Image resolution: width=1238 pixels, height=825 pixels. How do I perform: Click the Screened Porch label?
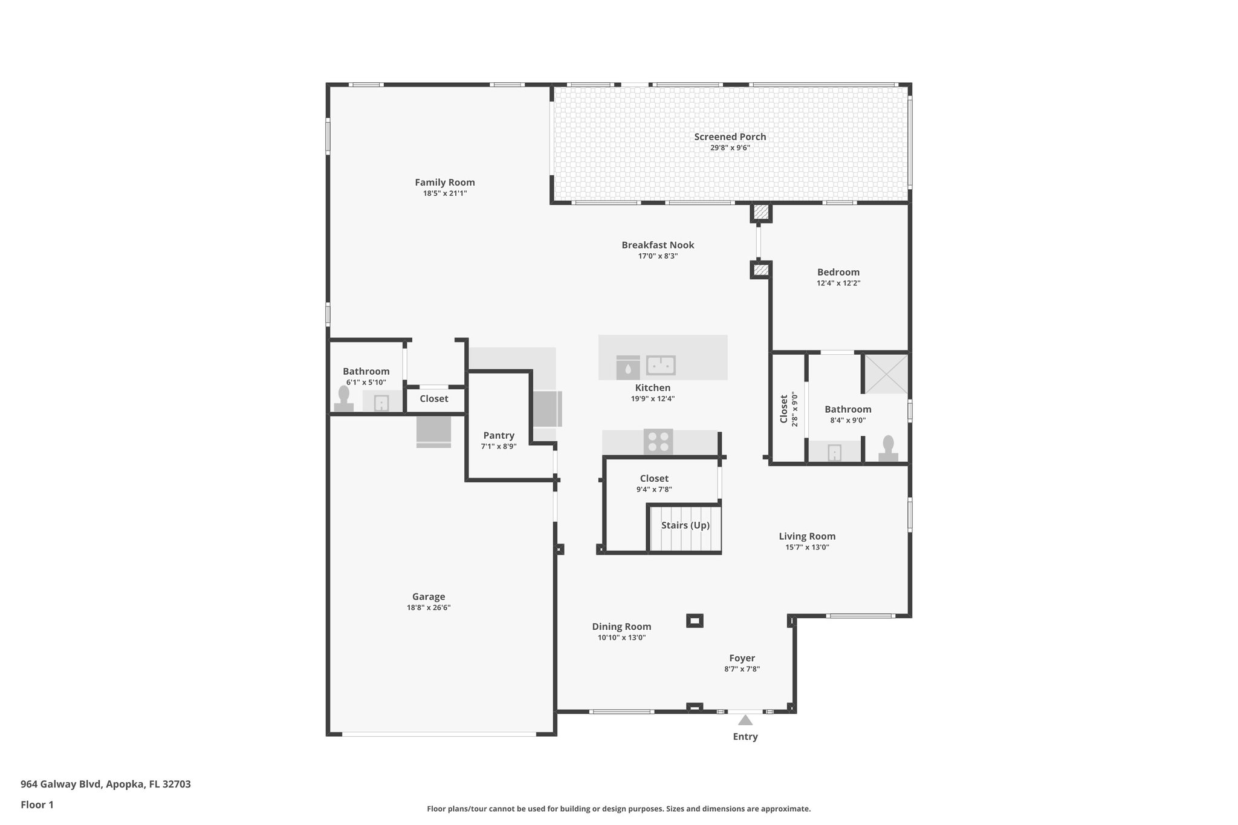(x=730, y=137)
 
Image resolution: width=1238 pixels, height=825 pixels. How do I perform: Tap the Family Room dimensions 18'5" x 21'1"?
(x=445, y=193)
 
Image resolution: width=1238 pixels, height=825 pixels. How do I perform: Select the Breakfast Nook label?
(x=658, y=245)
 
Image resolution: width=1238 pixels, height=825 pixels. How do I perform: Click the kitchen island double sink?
(x=661, y=366)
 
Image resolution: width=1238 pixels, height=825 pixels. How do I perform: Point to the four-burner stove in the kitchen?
(x=658, y=441)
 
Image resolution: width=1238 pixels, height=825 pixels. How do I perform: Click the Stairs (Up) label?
(x=685, y=525)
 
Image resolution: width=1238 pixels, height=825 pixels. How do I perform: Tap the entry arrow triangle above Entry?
(x=745, y=720)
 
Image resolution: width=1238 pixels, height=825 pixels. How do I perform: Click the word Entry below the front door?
(x=745, y=736)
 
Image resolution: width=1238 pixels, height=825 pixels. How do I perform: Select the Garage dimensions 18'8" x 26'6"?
(x=429, y=607)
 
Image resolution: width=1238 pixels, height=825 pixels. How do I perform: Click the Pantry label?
(x=499, y=435)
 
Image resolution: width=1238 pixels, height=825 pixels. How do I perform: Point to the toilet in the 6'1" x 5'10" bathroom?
(x=344, y=400)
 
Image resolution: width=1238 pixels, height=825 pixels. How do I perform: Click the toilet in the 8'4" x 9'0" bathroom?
(x=888, y=449)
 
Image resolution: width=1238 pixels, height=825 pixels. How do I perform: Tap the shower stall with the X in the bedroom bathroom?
(x=886, y=374)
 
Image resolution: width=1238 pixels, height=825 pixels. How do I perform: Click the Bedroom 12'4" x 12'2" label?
(x=838, y=272)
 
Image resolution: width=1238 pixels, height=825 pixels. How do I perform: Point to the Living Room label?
(x=806, y=536)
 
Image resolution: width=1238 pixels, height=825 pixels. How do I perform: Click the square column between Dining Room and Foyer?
(x=695, y=621)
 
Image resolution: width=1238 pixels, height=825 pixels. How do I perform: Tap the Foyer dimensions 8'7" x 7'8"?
(x=742, y=669)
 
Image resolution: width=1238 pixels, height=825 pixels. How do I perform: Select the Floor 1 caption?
(x=37, y=804)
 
